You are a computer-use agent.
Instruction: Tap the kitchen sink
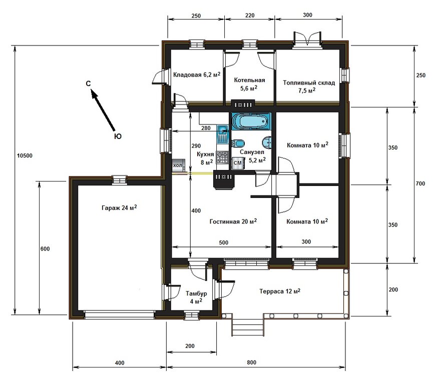(x=222, y=133)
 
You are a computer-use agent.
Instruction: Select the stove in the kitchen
(x=222, y=159)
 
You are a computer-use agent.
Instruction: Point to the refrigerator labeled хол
(x=178, y=165)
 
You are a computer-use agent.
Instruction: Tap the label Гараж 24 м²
(x=119, y=208)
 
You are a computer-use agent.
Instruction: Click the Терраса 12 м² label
(x=280, y=291)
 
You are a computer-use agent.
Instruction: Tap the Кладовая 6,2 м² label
(x=197, y=75)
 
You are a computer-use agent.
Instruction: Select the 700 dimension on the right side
(x=419, y=184)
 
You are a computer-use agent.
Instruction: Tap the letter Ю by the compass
(x=117, y=135)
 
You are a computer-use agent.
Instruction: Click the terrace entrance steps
(x=247, y=328)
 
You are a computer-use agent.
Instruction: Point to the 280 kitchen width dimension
(x=205, y=128)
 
